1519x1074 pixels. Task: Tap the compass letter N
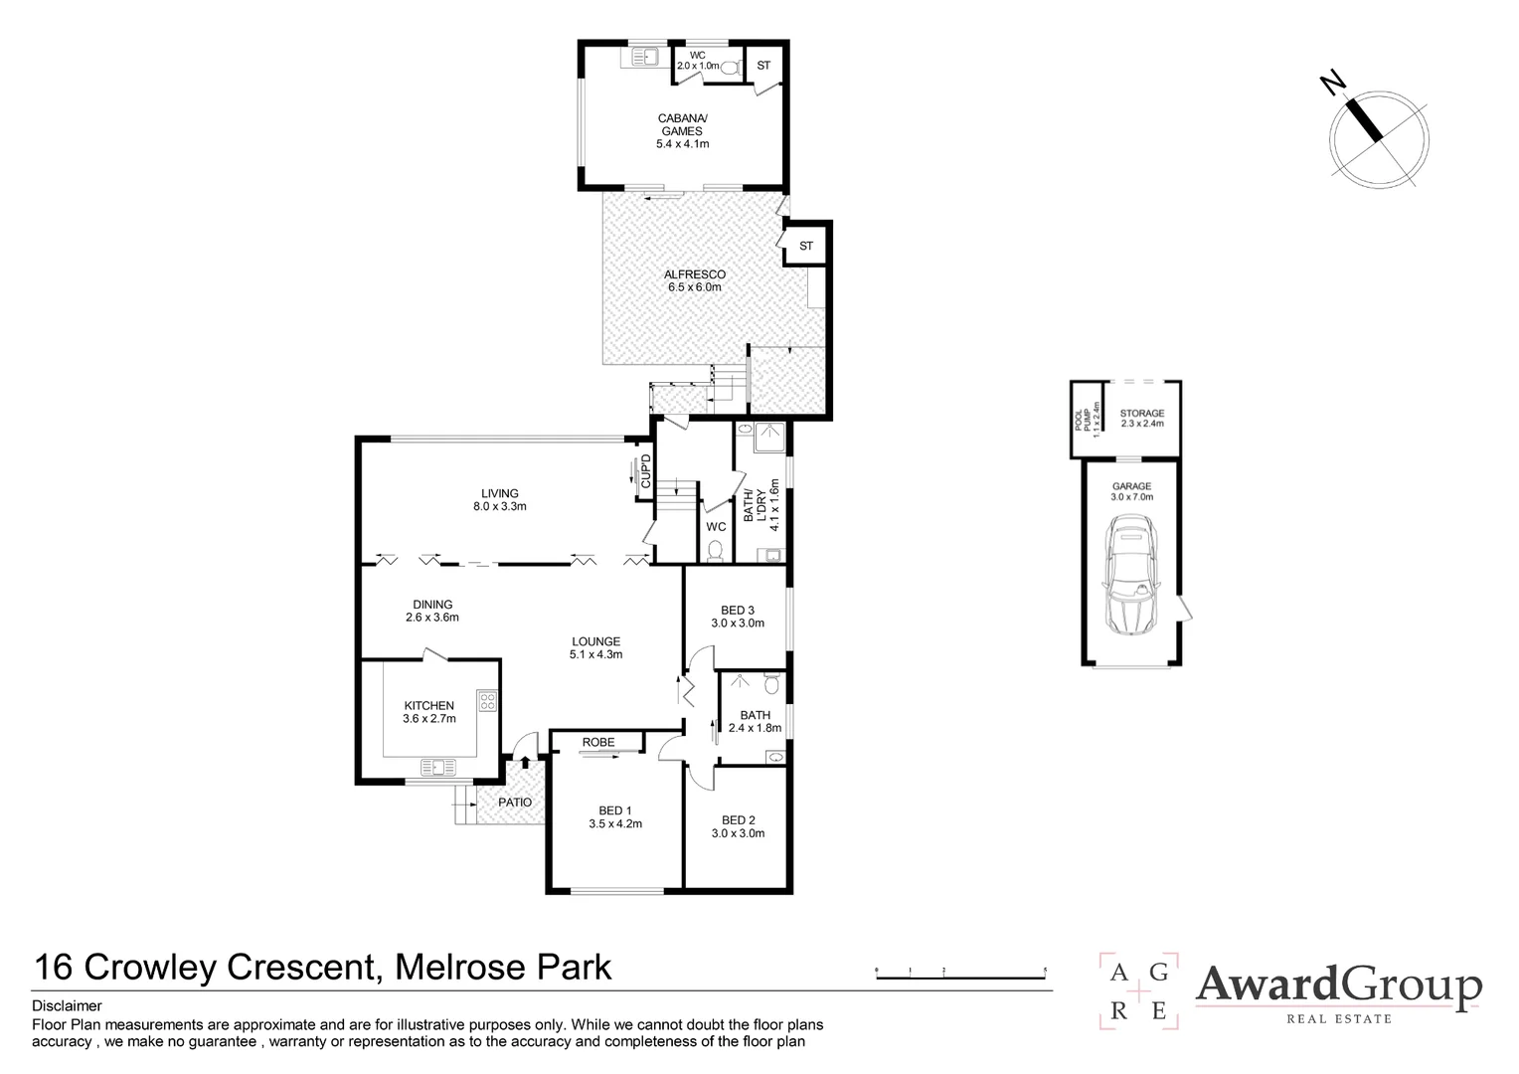pos(1334,83)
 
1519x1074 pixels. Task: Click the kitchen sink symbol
pos(437,767)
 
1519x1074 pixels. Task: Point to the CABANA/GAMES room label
pos(681,131)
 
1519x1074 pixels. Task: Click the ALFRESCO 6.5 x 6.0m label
pos(695,280)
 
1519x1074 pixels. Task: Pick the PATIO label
pos(515,802)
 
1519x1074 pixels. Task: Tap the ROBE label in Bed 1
pos(598,742)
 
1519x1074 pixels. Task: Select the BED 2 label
pos(737,826)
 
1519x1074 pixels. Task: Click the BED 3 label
pos(737,617)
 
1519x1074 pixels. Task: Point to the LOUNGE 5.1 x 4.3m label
pos(595,647)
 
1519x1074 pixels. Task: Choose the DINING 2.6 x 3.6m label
pos(432,611)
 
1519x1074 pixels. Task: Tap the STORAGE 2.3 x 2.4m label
pos(1141,418)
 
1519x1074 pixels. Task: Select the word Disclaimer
pos(67,1006)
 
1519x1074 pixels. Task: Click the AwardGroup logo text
pos(1337,985)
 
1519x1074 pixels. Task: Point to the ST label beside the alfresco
pos(806,246)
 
